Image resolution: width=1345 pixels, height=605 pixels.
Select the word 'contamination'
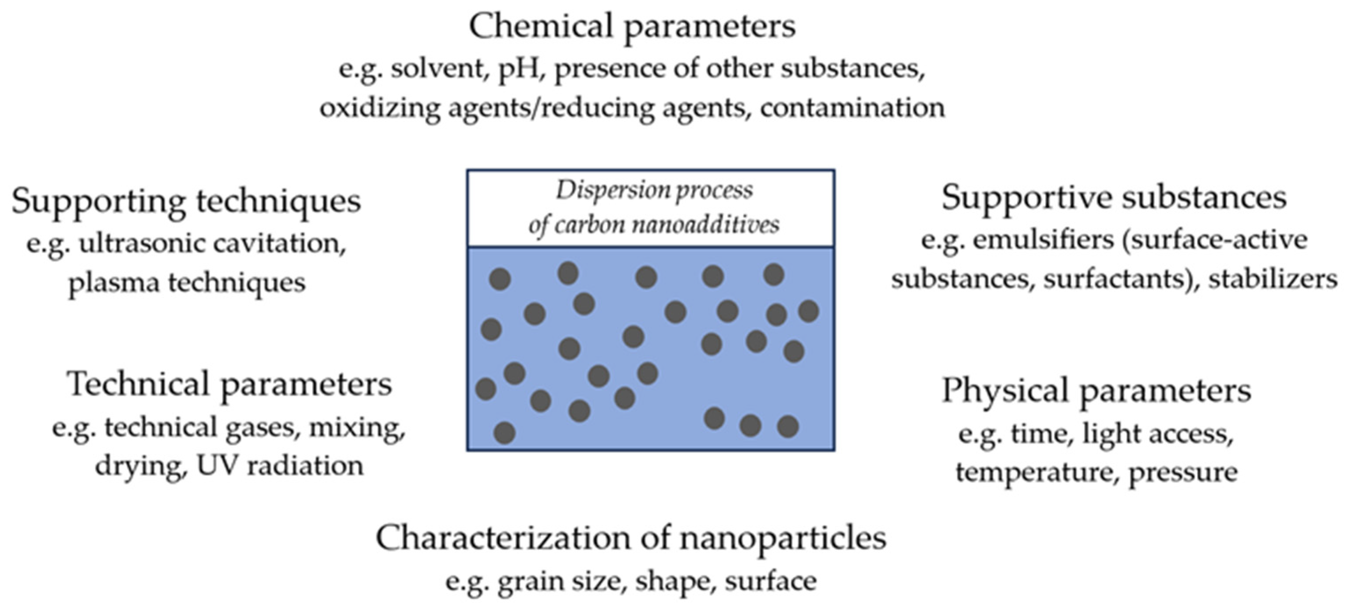[852, 108]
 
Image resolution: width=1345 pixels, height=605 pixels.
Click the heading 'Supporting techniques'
[186, 200]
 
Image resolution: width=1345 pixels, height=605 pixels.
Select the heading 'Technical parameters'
[229, 385]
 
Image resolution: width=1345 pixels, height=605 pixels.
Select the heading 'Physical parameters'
[1096, 391]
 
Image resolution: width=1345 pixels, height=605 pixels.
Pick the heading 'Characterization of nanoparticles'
[631, 538]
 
